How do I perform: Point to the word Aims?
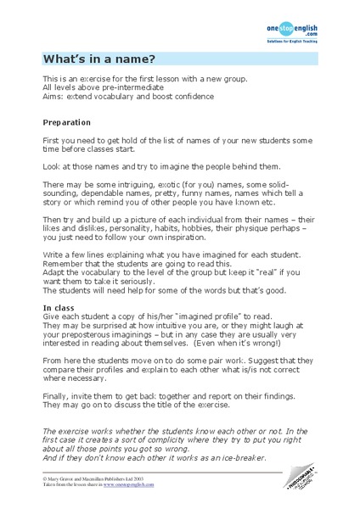pyautogui.click(x=53, y=96)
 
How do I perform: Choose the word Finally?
pyautogui.click(x=59, y=383)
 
